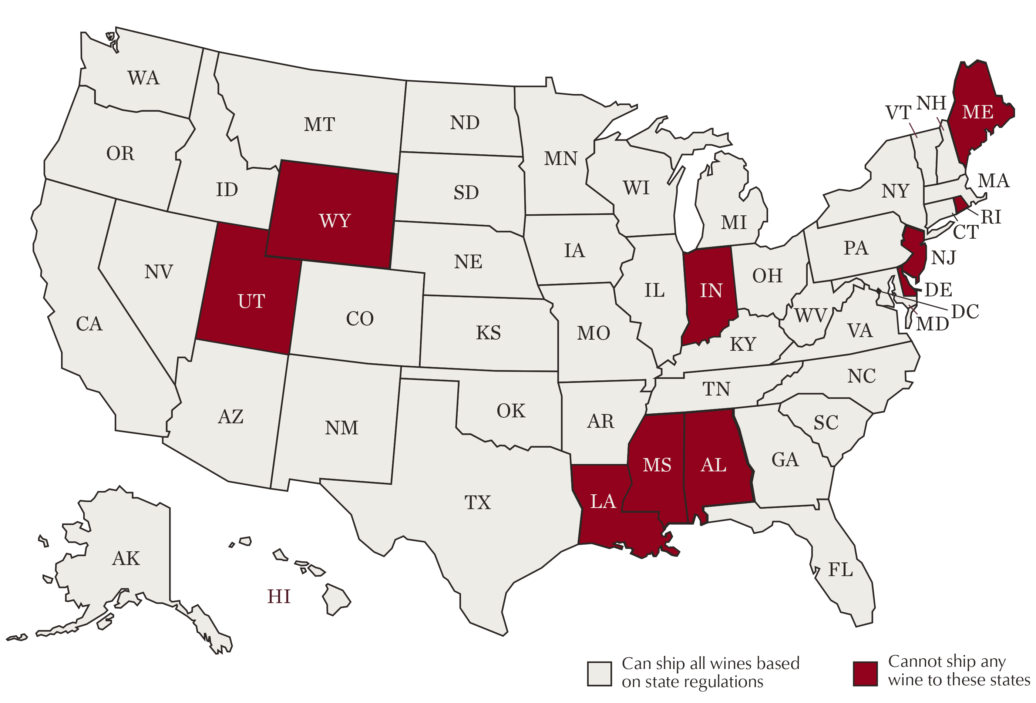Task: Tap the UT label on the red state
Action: [x=252, y=301]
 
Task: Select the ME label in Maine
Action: [x=977, y=112]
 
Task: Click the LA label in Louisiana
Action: [x=603, y=501]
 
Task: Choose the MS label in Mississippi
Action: [x=657, y=465]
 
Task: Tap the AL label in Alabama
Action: [x=713, y=465]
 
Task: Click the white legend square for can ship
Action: [x=599, y=673]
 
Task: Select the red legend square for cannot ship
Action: [x=865, y=673]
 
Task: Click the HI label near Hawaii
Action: [x=279, y=597]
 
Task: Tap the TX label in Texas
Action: [x=477, y=503]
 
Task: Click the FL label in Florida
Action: [x=840, y=570]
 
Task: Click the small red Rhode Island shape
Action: [x=960, y=205]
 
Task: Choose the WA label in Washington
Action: [x=143, y=78]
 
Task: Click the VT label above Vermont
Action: [x=898, y=113]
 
